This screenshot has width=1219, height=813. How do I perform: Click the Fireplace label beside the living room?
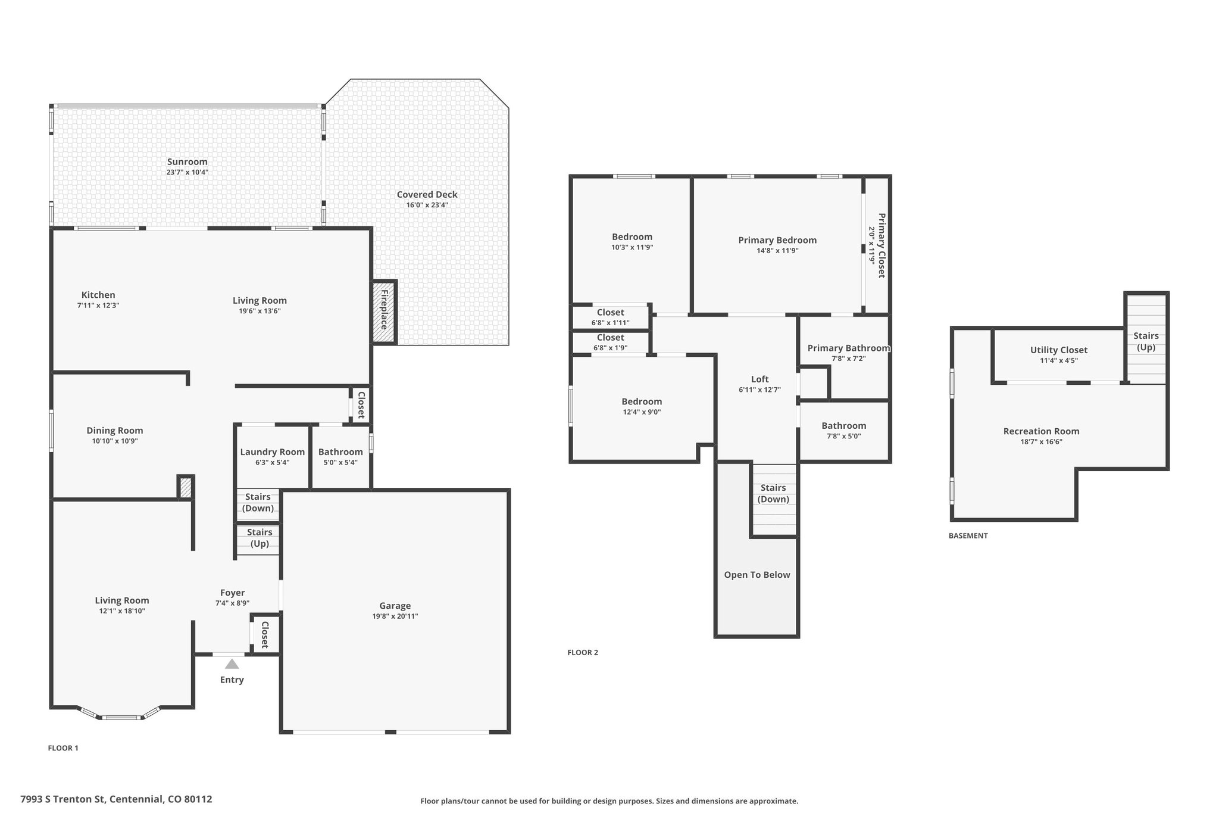384,310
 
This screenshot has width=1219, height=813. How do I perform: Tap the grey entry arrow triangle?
232,664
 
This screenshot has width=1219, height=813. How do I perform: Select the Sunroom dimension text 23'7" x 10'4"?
187,173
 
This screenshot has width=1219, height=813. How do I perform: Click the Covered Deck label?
427,194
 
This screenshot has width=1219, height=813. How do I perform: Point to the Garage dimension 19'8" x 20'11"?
395,616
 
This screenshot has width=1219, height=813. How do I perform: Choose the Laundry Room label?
273,452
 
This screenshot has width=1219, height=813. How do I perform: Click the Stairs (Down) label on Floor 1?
258,502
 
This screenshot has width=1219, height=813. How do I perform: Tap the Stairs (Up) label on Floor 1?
260,538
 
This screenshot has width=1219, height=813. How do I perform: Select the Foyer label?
233,593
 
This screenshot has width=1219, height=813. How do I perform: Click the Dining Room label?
115,431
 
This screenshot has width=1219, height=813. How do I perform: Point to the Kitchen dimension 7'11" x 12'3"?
98,306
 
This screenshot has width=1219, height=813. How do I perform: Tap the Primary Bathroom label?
849,348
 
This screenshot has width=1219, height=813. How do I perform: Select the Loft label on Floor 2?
760,379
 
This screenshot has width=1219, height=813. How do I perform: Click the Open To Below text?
757,575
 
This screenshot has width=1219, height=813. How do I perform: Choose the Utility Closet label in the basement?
1059,350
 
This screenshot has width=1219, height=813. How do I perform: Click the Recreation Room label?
1041,431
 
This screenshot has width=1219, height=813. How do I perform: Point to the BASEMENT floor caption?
968,535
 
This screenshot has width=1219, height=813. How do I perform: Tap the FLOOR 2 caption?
583,652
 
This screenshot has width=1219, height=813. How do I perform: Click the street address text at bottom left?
116,799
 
